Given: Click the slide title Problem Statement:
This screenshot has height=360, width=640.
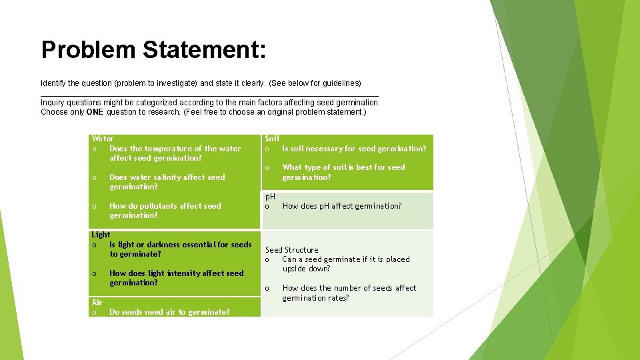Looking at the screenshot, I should (x=153, y=50).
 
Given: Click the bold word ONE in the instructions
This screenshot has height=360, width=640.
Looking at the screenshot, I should (x=94, y=112).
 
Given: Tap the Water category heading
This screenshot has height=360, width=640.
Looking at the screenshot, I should (x=103, y=139).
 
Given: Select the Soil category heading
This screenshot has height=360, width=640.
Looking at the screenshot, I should (x=272, y=139).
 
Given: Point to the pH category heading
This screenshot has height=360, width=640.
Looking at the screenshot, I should (x=270, y=197).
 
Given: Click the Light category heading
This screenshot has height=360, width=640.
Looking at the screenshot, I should (x=101, y=235).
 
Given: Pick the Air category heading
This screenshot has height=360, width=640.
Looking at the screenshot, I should (x=97, y=303).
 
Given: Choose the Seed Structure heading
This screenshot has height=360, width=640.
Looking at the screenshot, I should (x=292, y=250).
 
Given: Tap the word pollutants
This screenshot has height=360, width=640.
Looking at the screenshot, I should (x=160, y=206).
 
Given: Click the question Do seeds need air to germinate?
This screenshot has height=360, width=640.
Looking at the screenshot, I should (x=169, y=312).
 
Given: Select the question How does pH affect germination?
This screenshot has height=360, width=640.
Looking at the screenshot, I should (x=342, y=206).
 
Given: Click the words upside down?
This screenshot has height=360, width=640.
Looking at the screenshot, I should (x=306, y=269).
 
